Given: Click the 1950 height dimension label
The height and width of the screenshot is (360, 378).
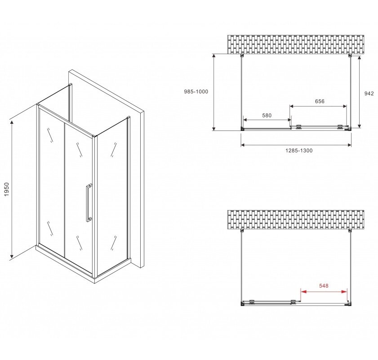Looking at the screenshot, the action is coord(6,189).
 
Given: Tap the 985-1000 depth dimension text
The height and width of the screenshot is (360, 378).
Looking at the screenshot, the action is coord(196,92).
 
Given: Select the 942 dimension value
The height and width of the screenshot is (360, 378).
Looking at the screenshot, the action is coord(369,94).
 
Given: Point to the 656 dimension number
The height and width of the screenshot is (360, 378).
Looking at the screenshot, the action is coord(320,101).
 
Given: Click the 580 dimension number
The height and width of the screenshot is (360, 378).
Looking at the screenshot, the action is coord(267,116).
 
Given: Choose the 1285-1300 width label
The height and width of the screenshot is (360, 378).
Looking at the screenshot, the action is coord(299,151).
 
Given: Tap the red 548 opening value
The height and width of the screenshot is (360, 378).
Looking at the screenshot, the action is coord(324,286).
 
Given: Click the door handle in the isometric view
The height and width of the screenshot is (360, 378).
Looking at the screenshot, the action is coord(89,202).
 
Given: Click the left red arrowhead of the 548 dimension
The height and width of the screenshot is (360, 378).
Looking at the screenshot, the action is coord(303,292).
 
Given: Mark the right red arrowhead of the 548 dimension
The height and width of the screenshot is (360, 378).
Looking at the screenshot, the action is coord(344,292).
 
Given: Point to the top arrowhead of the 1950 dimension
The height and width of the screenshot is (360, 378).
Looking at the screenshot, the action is coord(12,123).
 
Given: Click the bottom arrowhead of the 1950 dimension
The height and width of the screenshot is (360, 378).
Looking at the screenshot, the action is coord(12,257).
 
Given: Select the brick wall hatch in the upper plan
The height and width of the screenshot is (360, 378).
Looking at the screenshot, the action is coord(296,45).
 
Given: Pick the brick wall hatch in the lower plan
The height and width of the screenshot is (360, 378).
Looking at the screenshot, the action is coord(296,220).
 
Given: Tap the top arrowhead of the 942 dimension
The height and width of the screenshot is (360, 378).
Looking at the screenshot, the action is coord(360,59).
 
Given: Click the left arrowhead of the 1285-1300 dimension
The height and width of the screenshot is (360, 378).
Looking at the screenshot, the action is coord(244,145).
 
